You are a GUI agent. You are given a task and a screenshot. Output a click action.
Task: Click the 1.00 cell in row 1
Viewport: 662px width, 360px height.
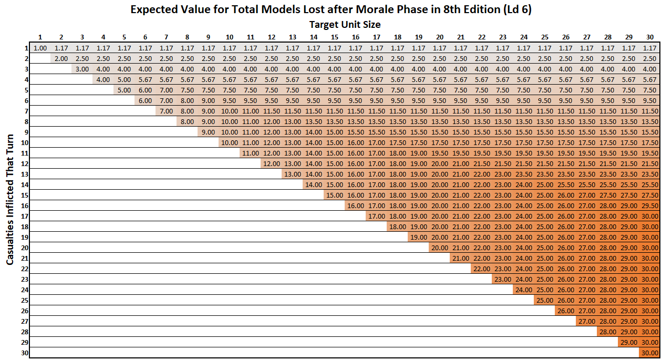coord(40,48)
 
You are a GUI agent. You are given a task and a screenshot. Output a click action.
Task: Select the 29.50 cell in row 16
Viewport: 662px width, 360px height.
coord(650,206)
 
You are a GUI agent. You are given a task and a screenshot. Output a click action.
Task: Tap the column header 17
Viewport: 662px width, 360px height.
coord(376,37)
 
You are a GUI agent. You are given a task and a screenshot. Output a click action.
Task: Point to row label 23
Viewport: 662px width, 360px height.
coord(25,280)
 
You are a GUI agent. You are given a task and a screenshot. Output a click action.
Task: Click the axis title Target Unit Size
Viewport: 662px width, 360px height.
coord(345,24)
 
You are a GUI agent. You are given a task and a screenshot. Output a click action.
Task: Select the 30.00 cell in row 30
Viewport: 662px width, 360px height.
coord(650,353)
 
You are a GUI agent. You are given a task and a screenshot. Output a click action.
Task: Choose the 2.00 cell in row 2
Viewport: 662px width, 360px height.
coord(61,59)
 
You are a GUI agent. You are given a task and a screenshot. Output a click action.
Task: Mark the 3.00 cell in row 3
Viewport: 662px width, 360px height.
coord(82,69)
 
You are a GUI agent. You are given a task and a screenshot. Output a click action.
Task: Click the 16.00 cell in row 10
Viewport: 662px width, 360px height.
coord(355,143)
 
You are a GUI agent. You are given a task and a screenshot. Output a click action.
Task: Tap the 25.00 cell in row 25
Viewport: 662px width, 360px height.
coord(544,301)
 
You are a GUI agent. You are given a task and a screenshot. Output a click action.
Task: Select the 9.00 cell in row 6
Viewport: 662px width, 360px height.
coord(208,101)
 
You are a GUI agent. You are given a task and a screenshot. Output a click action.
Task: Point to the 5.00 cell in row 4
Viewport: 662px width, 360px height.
coord(124,80)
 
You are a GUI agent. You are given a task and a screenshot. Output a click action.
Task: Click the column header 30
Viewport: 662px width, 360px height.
coord(649,37)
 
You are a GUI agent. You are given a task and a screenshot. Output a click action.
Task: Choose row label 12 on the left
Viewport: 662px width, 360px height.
coord(25,164)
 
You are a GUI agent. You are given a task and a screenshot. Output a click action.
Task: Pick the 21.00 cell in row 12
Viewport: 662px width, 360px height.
coord(460,164)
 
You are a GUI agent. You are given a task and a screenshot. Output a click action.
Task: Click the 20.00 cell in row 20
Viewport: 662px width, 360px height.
coord(439,248)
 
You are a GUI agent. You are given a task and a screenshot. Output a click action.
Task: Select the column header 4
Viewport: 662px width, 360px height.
coord(103,37)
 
